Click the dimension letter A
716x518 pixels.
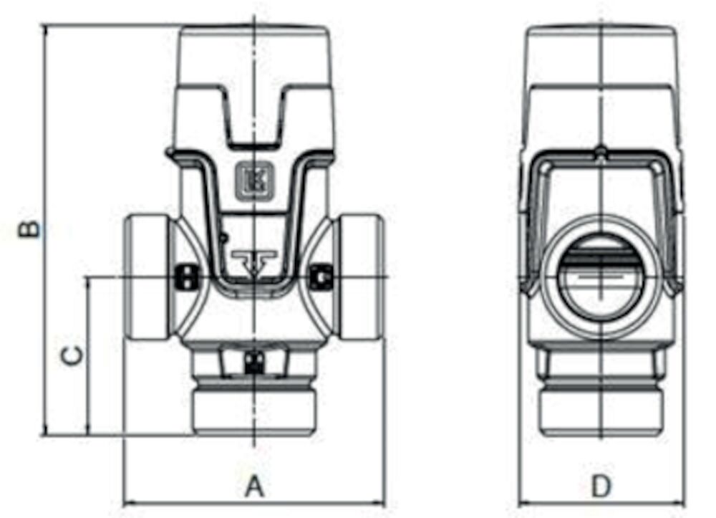tap(255, 487)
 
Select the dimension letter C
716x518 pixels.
tap(73, 355)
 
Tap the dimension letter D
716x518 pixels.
tap(601, 487)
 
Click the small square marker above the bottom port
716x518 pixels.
tap(253, 362)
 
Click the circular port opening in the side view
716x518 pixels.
tap(601, 276)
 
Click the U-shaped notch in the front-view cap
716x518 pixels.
tap(255, 118)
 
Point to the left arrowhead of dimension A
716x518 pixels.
tap(128, 501)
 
